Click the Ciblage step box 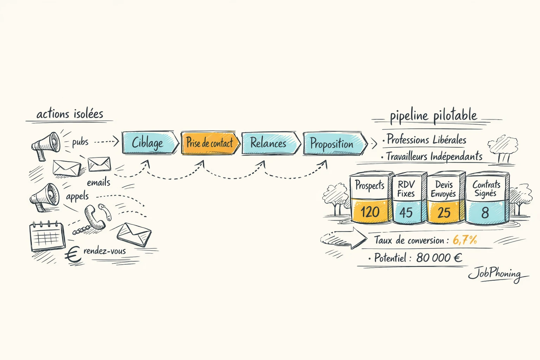149,143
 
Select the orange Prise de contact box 210,143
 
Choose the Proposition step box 332,144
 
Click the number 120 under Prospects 370,212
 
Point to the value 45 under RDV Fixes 406,212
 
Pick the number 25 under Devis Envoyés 444,212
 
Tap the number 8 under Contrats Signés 485,212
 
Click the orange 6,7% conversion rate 465,240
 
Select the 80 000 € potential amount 439,258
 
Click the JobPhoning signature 496,274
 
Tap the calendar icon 47,236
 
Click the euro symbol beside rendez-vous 73,255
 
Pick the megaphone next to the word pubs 46,144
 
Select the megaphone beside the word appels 45,197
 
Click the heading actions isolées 70,114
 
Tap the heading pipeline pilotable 433,116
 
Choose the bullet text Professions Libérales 426,140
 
